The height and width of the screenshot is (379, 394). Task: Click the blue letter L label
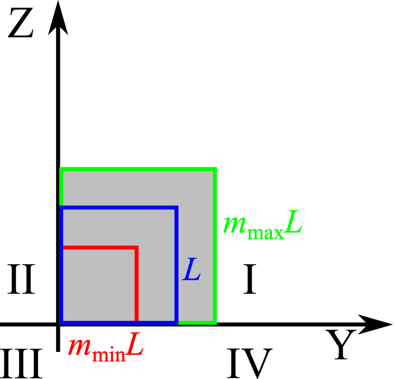tap(192, 270)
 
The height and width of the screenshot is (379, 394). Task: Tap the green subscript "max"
tap(265, 233)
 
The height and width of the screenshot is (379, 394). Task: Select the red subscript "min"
tap(109, 355)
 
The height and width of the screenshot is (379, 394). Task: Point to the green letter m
tap(234, 224)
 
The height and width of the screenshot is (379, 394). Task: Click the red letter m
tap(79, 347)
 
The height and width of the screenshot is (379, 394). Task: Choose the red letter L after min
tap(135, 345)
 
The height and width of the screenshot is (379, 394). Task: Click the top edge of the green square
tap(138, 169)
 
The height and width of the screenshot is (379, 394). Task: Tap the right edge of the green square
tap(215, 247)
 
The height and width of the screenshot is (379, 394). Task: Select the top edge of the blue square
tap(119, 208)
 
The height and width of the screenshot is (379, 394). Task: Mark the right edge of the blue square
tap(176, 266)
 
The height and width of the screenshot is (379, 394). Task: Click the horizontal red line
tap(100, 247)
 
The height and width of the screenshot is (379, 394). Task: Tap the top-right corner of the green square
tap(215, 169)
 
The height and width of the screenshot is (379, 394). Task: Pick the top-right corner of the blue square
tap(176, 208)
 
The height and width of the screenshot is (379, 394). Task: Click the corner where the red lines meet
tap(136, 247)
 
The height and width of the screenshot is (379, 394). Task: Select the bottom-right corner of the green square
tap(215, 323)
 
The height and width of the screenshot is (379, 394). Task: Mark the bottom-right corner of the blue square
tap(176, 323)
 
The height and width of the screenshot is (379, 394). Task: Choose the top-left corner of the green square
tap(61, 169)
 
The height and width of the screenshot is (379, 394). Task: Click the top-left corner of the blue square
tap(61, 208)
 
